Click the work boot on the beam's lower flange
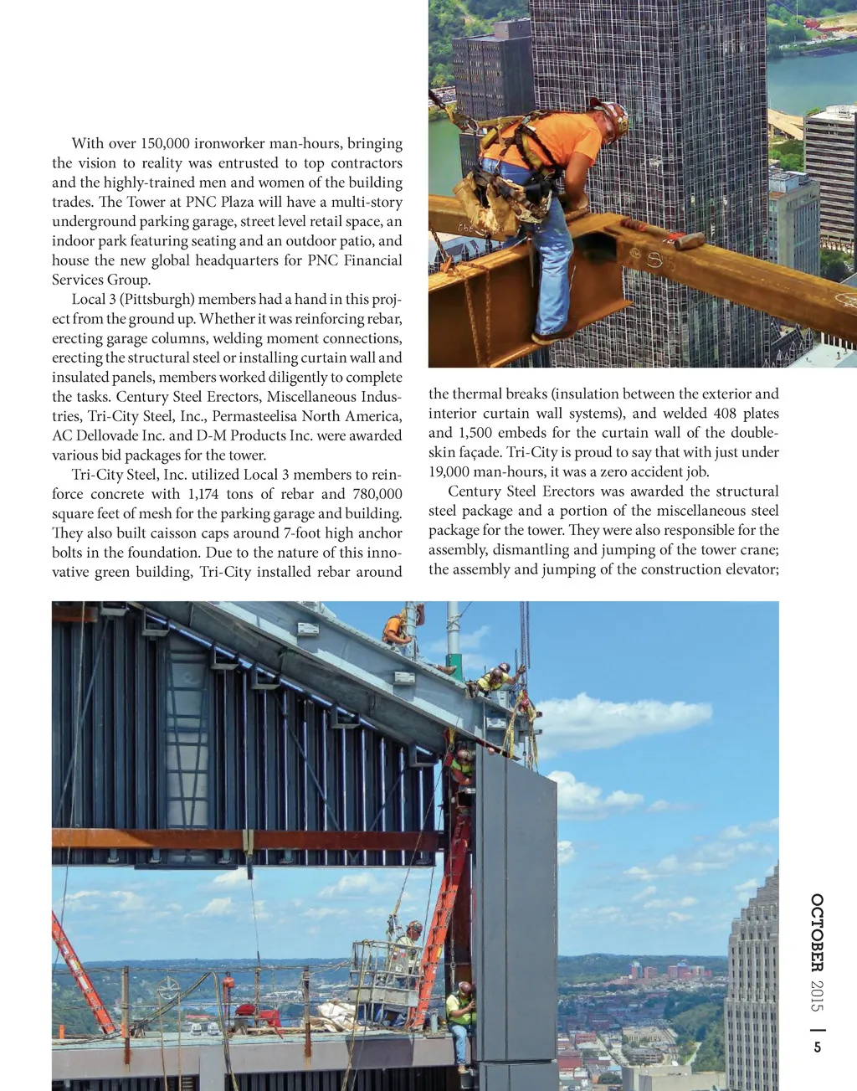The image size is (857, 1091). point(548,337)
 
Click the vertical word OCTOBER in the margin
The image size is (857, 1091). point(817,932)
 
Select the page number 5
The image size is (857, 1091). point(818,1047)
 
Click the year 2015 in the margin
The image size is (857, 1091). point(817,995)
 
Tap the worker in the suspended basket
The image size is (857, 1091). point(409,950)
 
